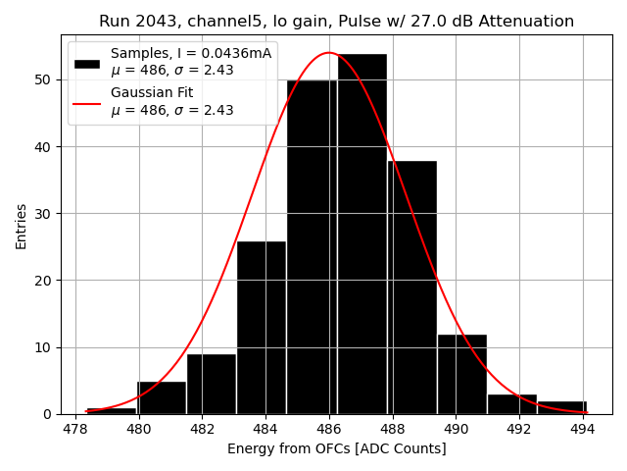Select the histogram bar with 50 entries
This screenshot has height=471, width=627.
pos(312,246)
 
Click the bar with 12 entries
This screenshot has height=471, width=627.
pos(461,374)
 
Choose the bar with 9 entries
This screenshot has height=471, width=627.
pos(212,384)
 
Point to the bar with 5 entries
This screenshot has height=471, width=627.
pos(162,397)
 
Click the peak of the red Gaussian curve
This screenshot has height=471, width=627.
pos(329,53)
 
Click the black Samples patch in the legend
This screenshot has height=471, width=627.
pos(87,63)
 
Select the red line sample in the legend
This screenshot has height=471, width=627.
pos(87,102)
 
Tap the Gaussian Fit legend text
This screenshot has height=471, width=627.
pos(151,92)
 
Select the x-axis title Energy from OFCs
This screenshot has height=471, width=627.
pos(336,448)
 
